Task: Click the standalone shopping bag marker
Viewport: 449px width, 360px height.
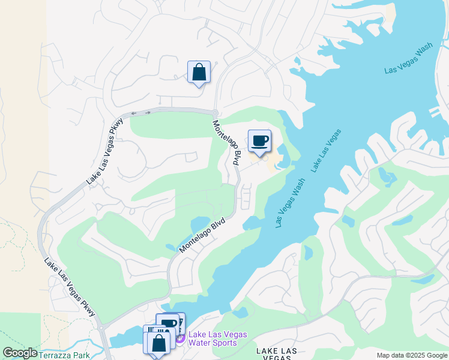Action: point(199,73)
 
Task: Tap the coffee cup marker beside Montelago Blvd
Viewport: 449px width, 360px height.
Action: point(259,141)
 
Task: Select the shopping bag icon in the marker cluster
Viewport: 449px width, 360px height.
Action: point(158,343)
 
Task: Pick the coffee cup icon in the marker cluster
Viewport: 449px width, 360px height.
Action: point(169,323)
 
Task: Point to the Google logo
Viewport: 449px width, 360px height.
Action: point(20,353)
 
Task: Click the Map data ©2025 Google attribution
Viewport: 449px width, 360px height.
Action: point(411,355)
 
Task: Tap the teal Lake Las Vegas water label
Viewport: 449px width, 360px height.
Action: point(327,151)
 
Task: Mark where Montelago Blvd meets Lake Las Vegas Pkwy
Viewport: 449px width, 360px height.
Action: point(214,113)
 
